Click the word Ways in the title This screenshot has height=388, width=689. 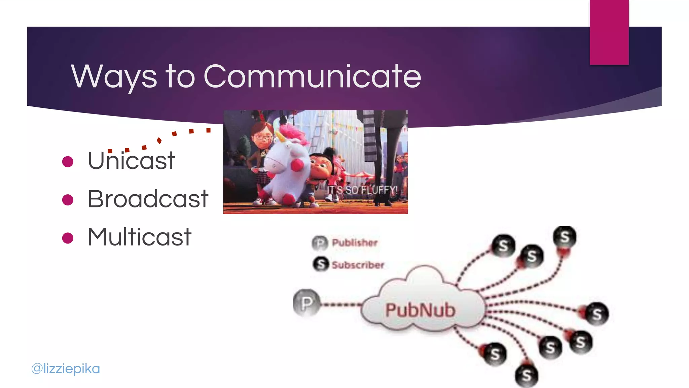114,77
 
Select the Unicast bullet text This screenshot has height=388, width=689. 131,161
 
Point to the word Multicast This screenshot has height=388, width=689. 140,237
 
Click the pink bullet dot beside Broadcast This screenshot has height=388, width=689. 68,200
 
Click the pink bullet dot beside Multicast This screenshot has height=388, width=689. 68,238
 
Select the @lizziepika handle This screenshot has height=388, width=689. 66,368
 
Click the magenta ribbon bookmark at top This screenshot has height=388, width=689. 609,32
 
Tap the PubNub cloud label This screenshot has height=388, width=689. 421,310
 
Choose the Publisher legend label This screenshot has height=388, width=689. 355,243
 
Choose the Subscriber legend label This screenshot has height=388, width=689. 358,265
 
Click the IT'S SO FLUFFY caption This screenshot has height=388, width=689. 362,190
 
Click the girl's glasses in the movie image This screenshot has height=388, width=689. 263,137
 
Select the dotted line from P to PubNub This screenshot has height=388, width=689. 340,305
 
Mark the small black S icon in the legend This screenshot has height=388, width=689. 321,264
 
